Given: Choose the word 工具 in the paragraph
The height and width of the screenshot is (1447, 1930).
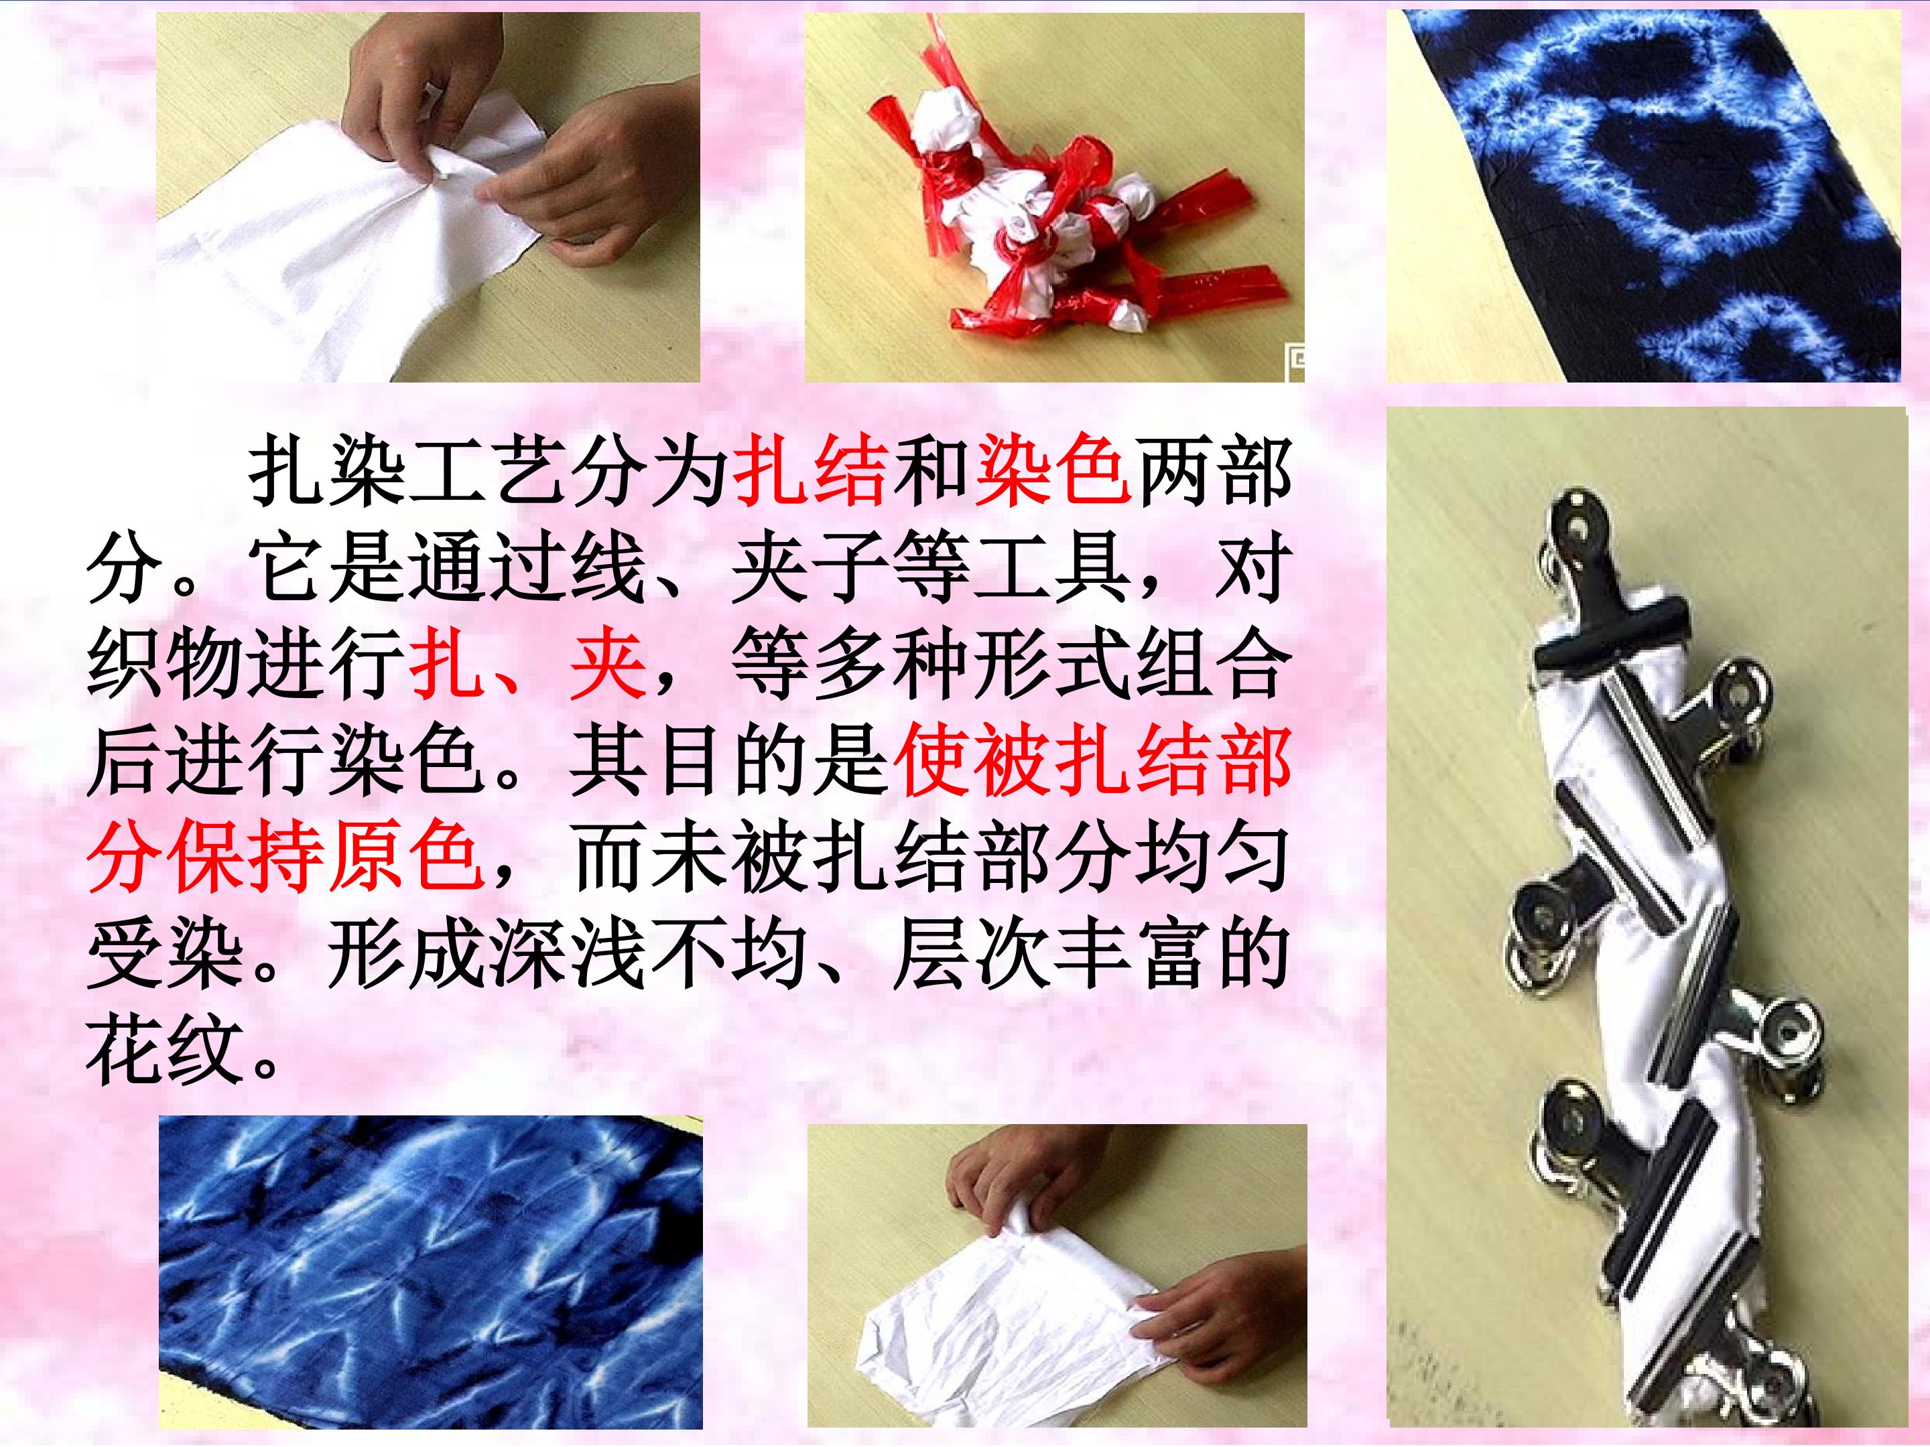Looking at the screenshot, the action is pos(1049,573).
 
